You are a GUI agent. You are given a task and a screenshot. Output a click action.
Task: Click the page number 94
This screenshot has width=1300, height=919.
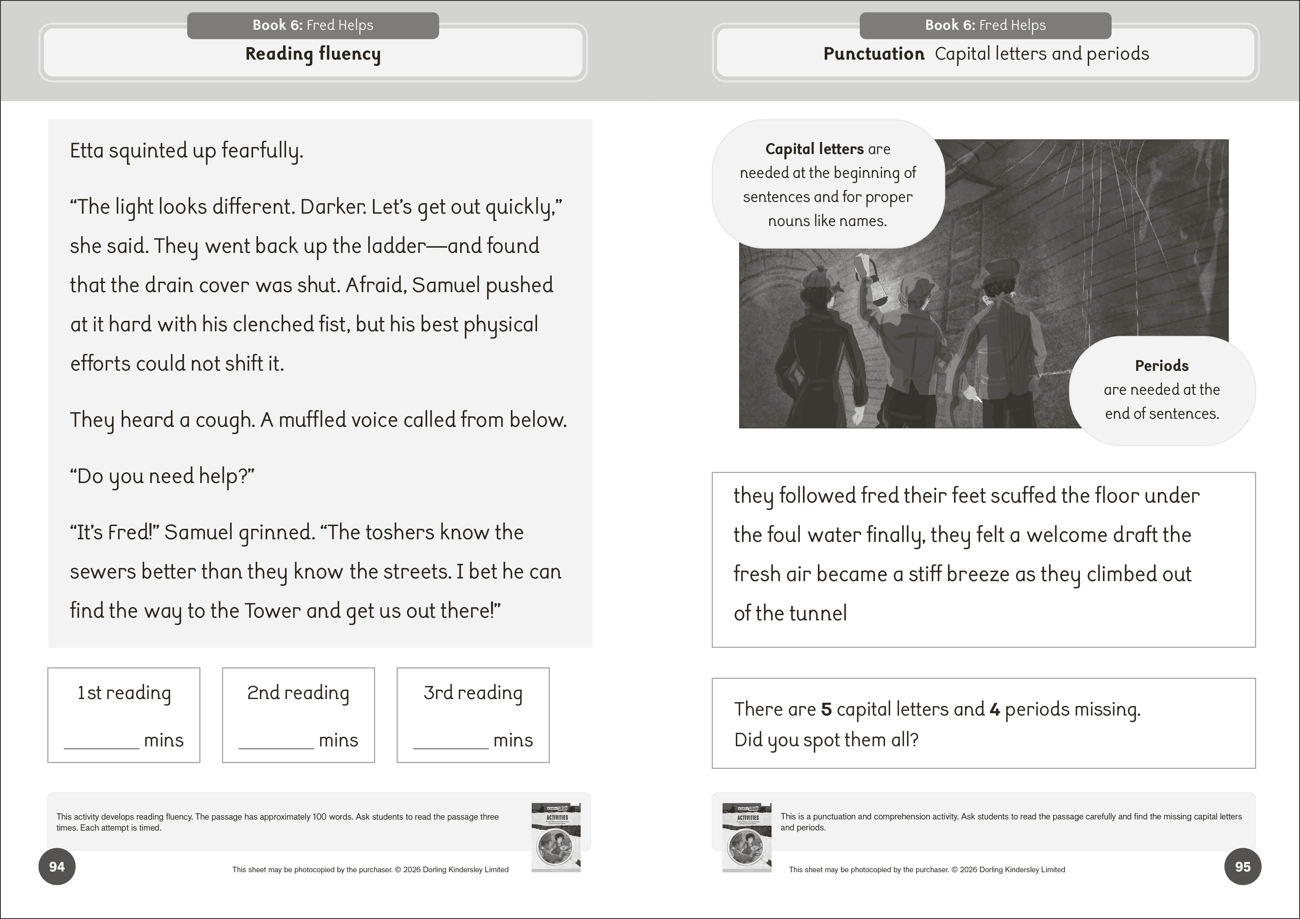coord(57,866)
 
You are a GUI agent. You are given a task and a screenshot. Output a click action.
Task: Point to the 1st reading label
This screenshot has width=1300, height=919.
coord(124,693)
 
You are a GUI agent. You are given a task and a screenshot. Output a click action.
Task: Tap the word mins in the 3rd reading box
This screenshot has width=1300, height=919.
coord(513,740)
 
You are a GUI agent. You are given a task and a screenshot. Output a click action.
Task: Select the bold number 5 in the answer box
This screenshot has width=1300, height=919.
coord(826,709)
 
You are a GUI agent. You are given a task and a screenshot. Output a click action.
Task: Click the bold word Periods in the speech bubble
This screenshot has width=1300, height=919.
coord(1161,366)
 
